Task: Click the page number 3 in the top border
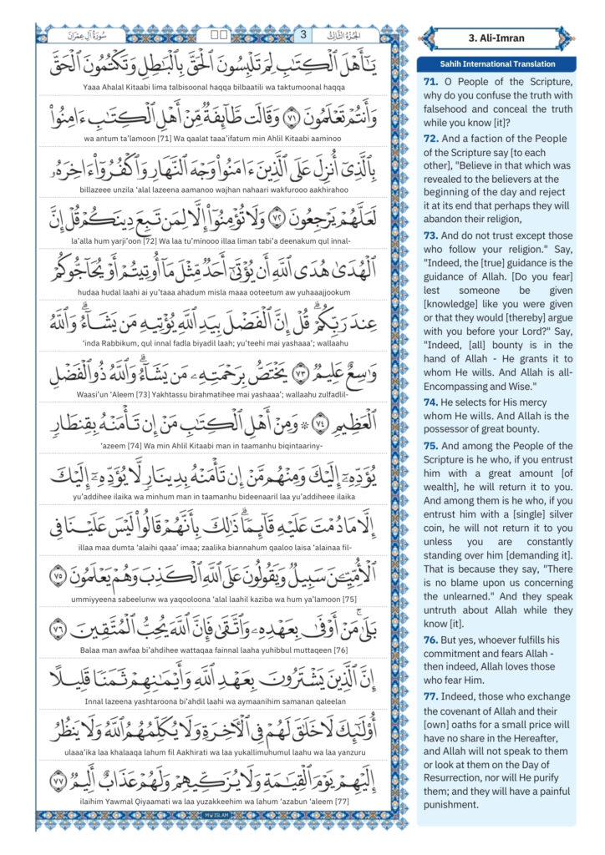pyautogui.click(x=303, y=36)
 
